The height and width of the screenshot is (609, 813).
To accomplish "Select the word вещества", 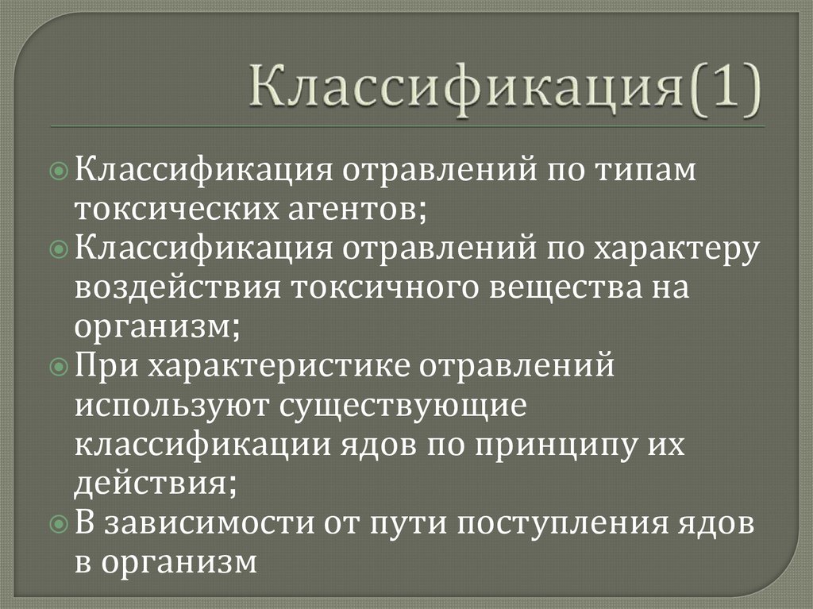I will [561, 287].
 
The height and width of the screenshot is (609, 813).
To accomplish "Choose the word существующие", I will [402, 406].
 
